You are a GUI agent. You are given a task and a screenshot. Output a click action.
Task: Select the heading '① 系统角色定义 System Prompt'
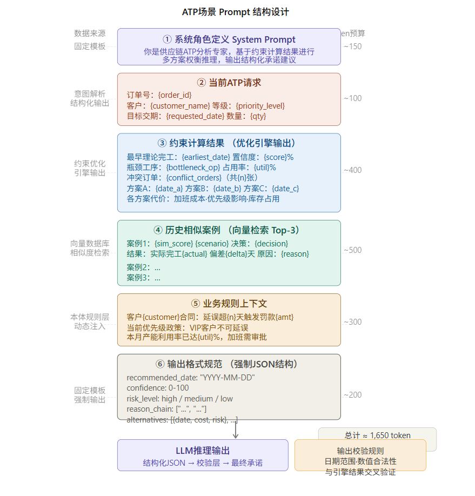tap(229, 39)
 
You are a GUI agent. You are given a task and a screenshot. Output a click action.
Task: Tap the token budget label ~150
tap(352, 46)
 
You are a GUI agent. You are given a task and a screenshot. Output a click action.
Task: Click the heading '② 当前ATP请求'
tap(229, 83)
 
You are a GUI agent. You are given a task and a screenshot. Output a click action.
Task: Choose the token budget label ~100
tap(352, 98)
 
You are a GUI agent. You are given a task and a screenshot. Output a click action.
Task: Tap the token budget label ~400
tap(352, 170)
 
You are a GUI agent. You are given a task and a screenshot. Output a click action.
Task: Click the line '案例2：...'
tap(144, 267)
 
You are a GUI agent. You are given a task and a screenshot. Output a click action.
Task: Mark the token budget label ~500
tap(352, 250)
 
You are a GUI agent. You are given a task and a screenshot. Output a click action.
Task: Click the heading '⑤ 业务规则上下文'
tap(229, 304)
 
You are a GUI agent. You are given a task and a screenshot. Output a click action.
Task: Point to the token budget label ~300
tap(352, 322)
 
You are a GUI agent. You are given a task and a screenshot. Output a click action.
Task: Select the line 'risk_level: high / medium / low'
tap(180, 399)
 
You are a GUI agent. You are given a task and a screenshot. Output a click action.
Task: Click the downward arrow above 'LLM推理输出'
tap(236, 431)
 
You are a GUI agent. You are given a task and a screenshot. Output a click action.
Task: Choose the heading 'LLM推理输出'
tap(203, 451)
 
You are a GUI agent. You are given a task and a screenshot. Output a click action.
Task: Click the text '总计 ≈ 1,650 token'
tap(377, 435)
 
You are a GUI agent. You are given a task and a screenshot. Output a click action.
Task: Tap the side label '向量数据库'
tap(90, 243)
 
